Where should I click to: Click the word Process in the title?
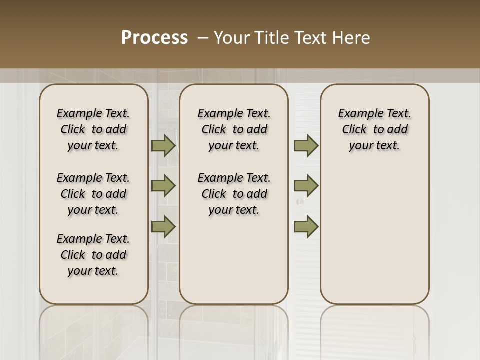(154, 38)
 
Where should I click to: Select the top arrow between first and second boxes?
(163, 146)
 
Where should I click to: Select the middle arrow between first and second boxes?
(163, 186)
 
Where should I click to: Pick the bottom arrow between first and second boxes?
(163, 226)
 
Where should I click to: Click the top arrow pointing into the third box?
(306, 146)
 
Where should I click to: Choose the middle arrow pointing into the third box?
(306, 186)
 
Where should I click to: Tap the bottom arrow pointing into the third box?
(306, 226)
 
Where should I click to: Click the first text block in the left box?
(93, 129)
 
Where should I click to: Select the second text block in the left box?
(93, 194)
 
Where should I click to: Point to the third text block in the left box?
(93, 255)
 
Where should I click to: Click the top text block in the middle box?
(234, 129)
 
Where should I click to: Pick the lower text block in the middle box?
(234, 194)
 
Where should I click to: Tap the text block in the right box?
(374, 129)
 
